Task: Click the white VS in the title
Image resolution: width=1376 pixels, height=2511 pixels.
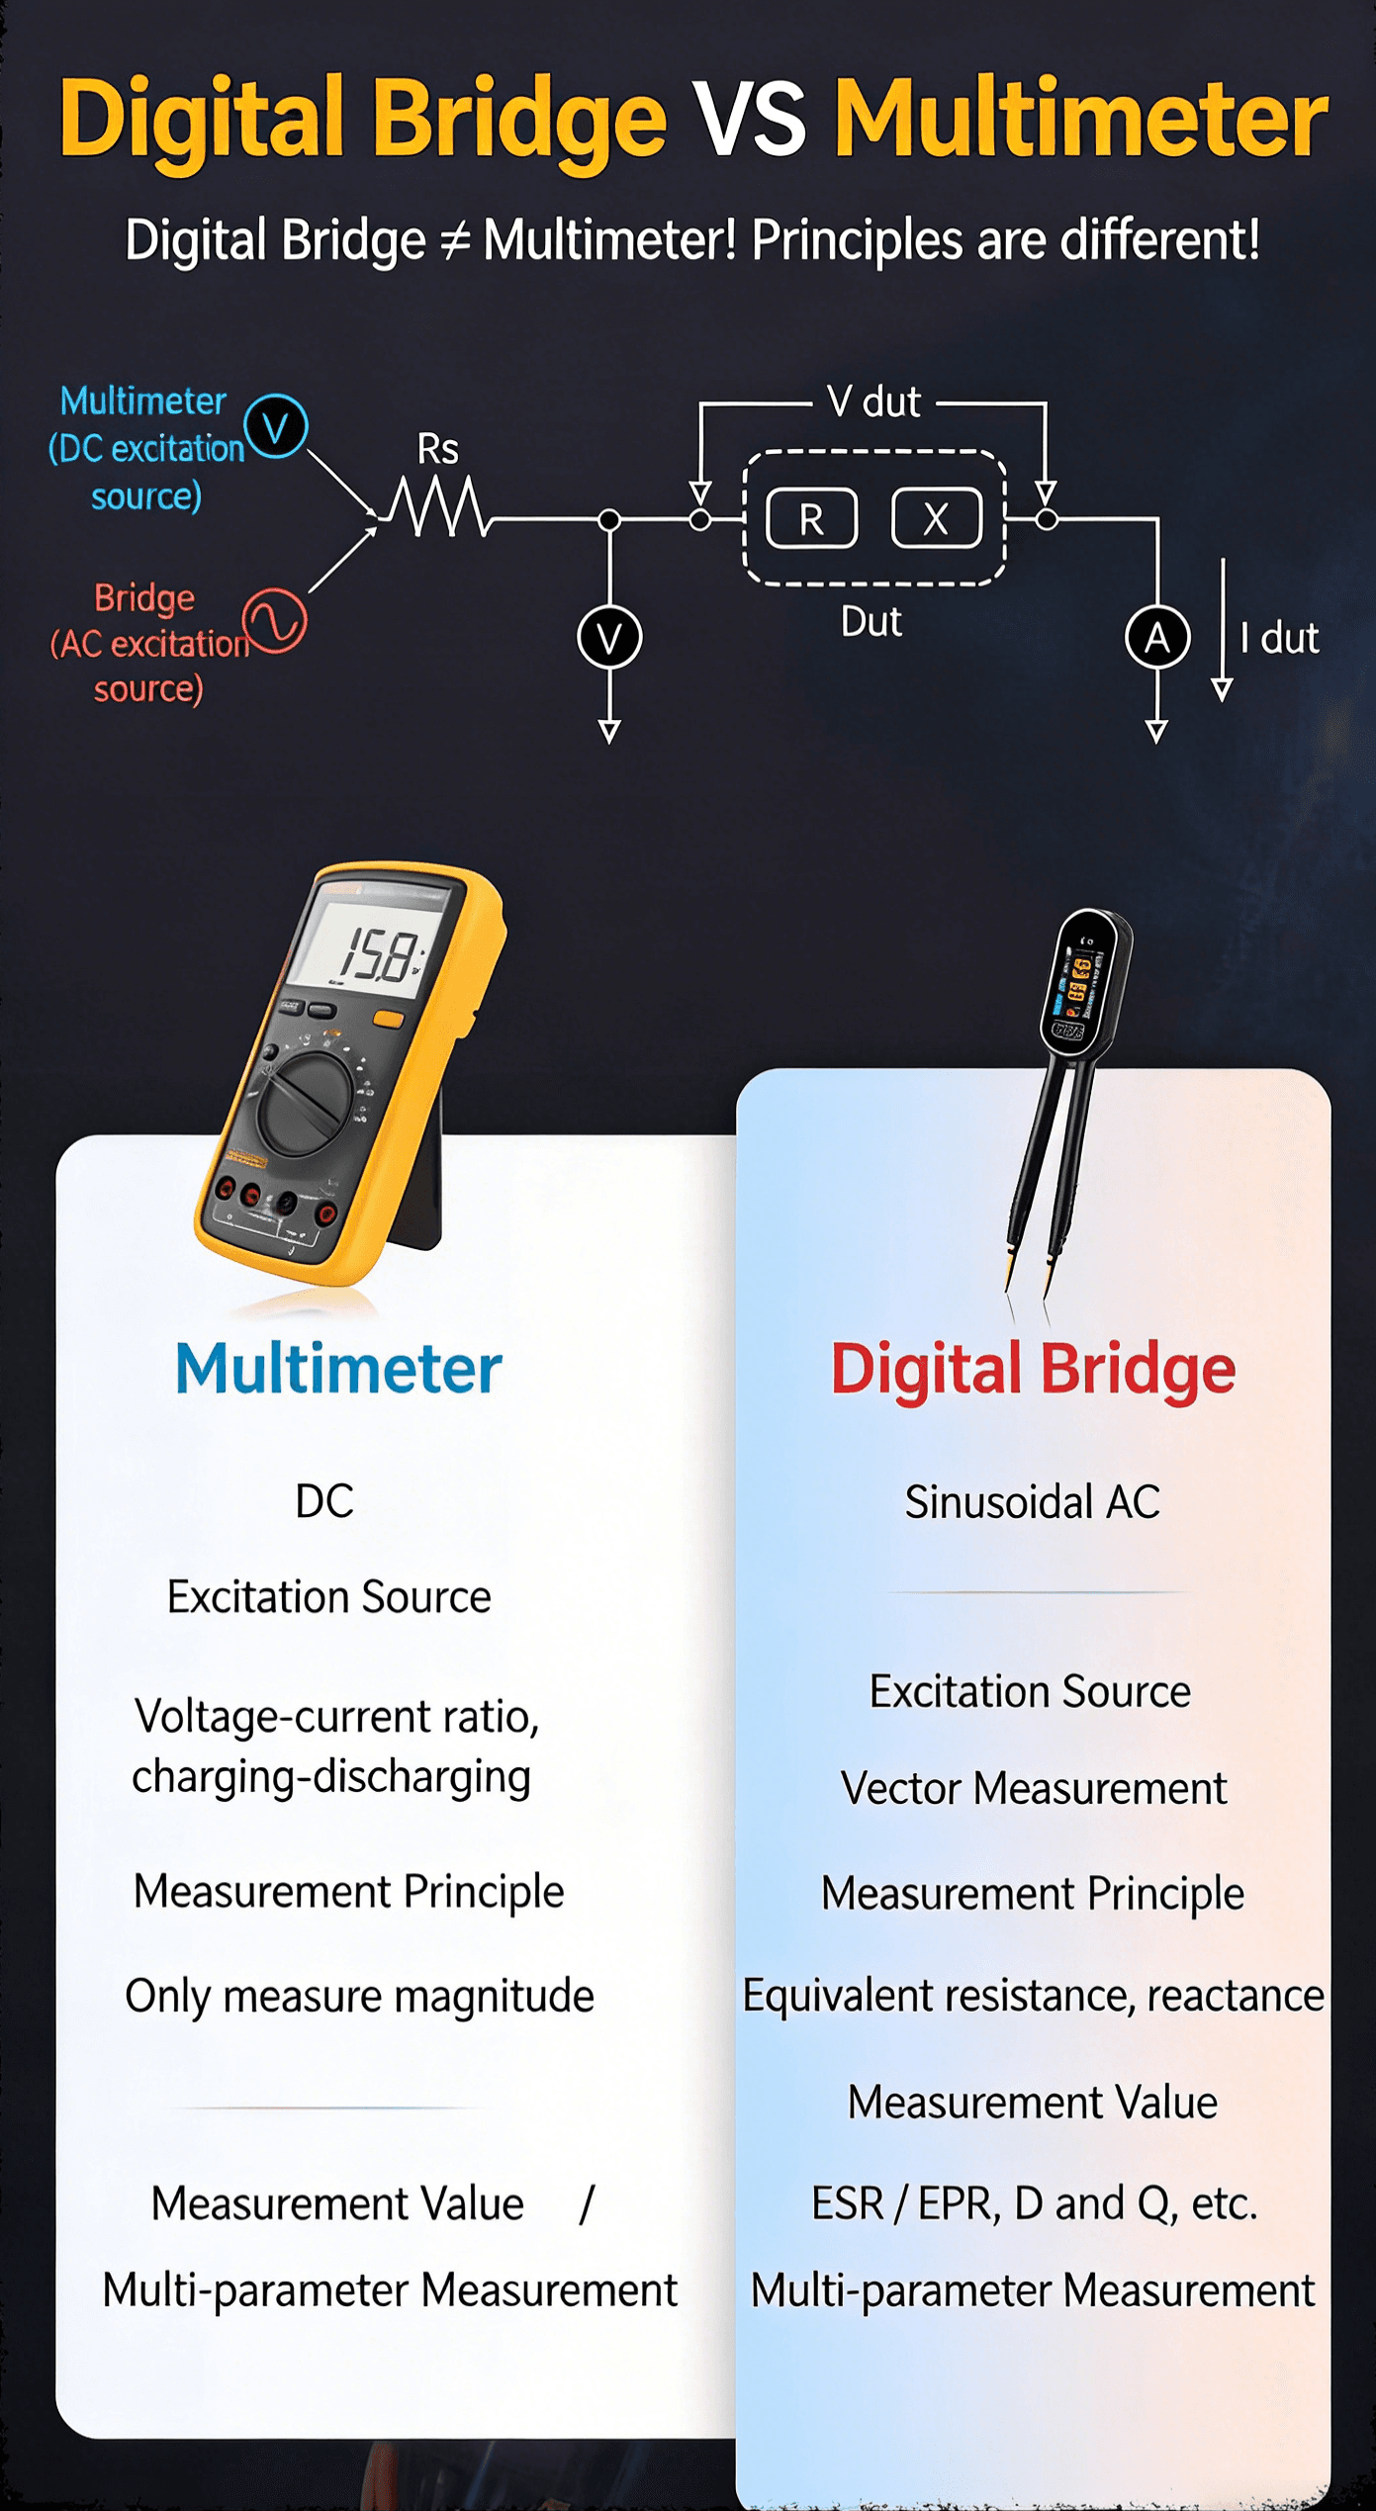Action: tap(749, 119)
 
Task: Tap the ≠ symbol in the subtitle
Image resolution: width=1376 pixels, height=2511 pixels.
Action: tap(454, 241)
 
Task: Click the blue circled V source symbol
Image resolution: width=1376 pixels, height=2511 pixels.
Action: tap(276, 426)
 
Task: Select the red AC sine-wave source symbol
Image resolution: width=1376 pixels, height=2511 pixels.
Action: tap(275, 620)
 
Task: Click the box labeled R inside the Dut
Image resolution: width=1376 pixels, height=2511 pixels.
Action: tap(812, 518)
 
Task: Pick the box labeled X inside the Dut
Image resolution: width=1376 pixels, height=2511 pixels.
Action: tap(936, 518)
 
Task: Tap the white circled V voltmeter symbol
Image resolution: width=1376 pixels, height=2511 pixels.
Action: tap(609, 637)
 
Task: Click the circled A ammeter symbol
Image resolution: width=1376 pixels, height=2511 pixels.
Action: tap(1157, 637)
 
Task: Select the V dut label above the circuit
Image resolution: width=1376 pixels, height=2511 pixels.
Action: tap(874, 403)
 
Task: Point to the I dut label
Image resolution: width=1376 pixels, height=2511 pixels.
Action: tap(1279, 638)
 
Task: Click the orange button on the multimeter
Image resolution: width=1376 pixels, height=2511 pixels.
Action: tap(388, 1020)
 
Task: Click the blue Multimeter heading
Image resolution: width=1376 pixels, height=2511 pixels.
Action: tap(338, 1369)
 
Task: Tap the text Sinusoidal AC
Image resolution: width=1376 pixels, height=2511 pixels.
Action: tap(1032, 1502)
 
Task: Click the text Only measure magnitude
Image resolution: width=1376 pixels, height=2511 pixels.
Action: tap(359, 1996)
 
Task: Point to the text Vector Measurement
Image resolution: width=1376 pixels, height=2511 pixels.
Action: tap(1034, 1788)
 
